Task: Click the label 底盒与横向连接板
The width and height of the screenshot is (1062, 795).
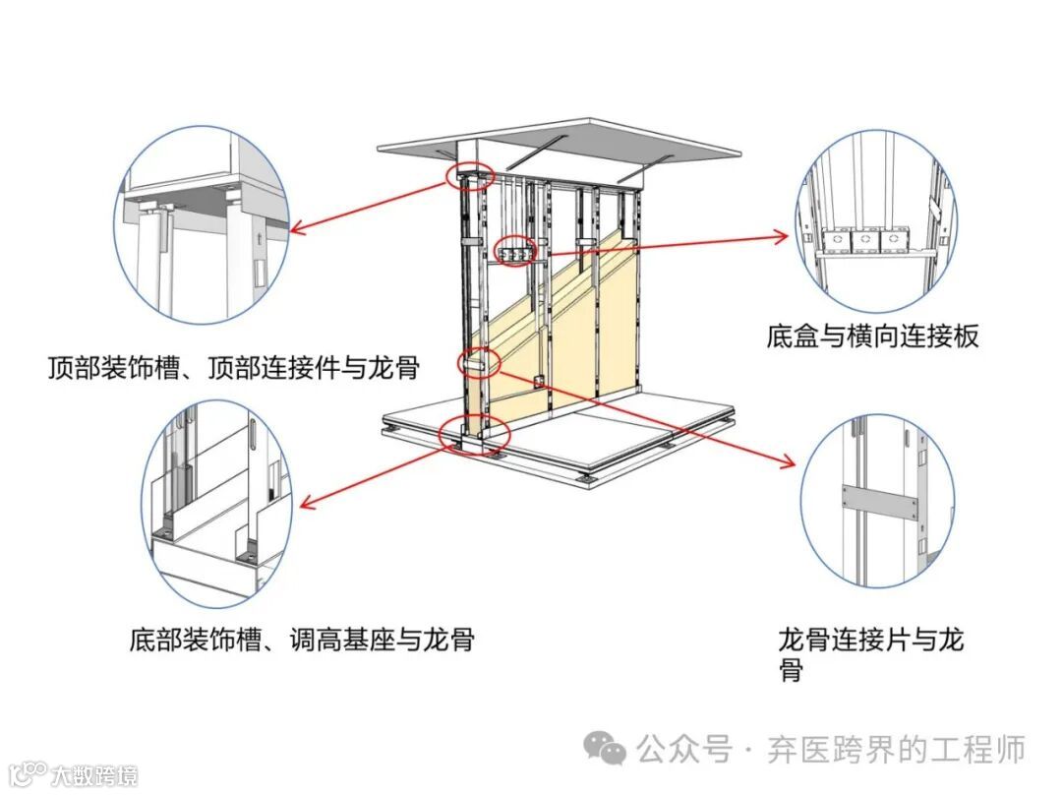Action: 872,336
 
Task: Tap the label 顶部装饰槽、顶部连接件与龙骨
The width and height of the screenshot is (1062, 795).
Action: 234,368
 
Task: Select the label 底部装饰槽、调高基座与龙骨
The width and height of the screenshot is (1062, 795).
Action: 302,640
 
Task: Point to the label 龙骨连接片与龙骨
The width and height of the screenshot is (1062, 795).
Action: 869,655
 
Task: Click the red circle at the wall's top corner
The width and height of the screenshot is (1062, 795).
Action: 468,177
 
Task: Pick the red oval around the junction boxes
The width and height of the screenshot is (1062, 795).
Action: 516,253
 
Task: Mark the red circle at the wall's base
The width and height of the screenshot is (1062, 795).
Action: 476,435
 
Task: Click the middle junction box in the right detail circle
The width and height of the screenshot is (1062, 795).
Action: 863,239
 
